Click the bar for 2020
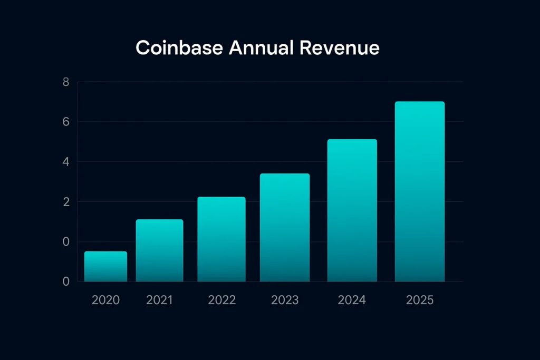tap(105, 267)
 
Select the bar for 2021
tap(159, 250)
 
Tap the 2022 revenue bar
tap(221, 239)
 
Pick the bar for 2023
tap(285, 228)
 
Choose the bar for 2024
tap(352, 211)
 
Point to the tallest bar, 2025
tap(420, 192)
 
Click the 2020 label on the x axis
tap(105, 300)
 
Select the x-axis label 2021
tap(159, 300)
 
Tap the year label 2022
tap(221, 300)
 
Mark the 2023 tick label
tap(285, 300)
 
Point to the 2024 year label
tap(352, 300)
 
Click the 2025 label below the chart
tap(420, 300)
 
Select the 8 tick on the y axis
tap(66, 82)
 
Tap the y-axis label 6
tap(66, 122)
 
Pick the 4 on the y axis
tap(66, 162)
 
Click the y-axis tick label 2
tap(66, 202)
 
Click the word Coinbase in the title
tap(179, 48)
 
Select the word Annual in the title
tap(262, 48)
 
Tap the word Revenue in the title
tap(339, 48)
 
